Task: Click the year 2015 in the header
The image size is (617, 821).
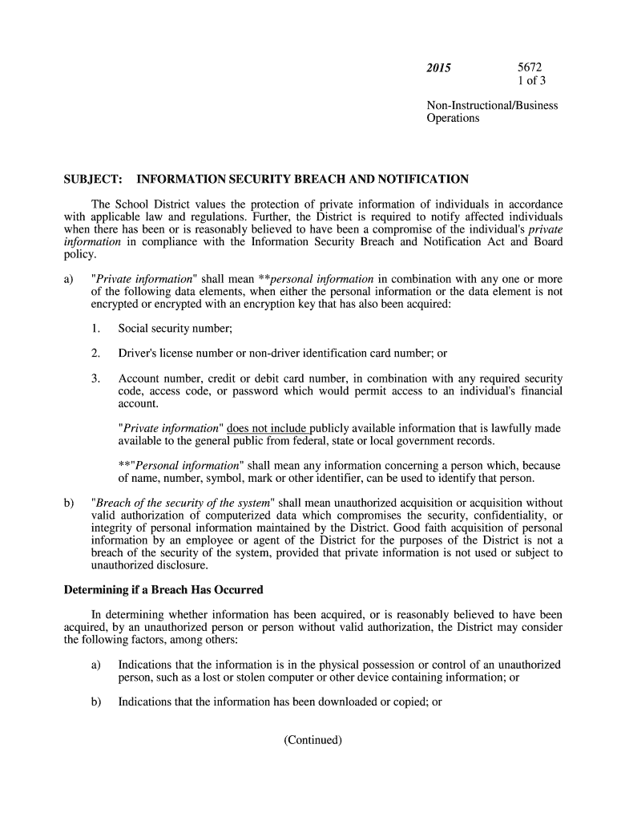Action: pos(438,68)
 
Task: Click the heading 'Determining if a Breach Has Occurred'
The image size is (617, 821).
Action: pos(163,590)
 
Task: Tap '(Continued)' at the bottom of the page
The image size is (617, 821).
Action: pos(313,739)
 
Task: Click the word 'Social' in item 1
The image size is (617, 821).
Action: pos(135,328)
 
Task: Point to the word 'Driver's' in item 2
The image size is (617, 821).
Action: pos(140,353)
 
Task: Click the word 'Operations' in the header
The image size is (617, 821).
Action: pos(453,118)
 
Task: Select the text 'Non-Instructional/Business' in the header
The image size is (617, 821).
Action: pos(492,105)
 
